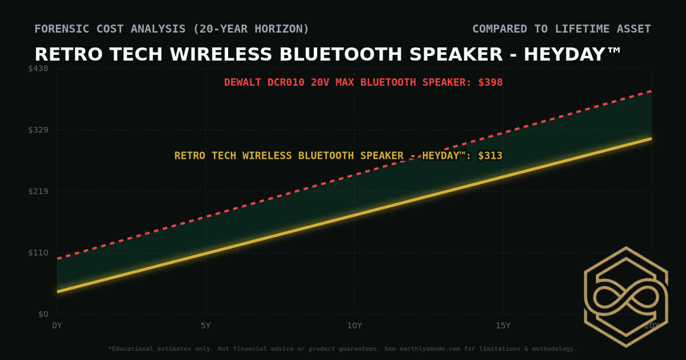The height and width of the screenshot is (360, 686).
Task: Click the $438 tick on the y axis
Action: [39, 69]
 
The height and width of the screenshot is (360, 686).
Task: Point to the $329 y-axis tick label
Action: [39, 130]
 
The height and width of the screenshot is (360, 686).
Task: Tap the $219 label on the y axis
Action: [39, 191]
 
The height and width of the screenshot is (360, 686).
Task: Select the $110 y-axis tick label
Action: [39, 253]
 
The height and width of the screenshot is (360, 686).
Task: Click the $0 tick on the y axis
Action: [43, 314]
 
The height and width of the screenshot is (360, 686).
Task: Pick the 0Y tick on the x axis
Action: [57, 326]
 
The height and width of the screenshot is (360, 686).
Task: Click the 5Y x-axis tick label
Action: [206, 326]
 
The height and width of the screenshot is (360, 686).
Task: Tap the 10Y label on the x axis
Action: [354, 326]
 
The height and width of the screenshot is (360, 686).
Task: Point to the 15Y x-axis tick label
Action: [503, 326]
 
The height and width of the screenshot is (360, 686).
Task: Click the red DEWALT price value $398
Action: [490, 82]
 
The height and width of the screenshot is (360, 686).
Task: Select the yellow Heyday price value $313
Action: [490, 155]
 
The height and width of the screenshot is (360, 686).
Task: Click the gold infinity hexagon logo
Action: [626, 297]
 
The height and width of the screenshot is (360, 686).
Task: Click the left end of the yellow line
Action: [58, 291]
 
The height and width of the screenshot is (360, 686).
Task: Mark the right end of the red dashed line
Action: [651, 91]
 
